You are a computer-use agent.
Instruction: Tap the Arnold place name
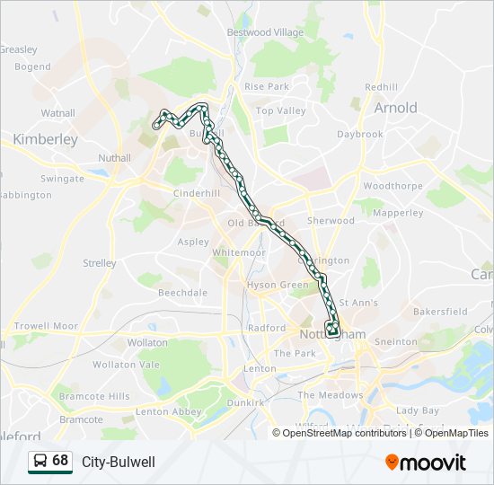[x=395, y=108]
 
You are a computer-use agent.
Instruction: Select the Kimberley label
[x=45, y=139]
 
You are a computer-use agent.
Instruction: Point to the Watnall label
[x=57, y=114]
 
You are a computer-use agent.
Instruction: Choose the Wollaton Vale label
[x=126, y=365]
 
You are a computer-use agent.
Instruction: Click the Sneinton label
[x=396, y=341]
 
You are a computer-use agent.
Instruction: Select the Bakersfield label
[x=440, y=312]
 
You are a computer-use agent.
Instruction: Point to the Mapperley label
[x=398, y=213]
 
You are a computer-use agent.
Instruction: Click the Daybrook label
[x=359, y=134]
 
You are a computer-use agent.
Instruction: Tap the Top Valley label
[x=281, y=111]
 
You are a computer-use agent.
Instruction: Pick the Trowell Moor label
[x=46, y=326]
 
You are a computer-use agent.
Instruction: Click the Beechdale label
[x=182, y=293]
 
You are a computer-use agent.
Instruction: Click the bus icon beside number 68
[x=40, y=461]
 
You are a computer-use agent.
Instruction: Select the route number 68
[x=60, y=461]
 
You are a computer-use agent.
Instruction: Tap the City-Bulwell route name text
[x=119, y=462]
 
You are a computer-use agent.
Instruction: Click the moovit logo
[x=426, y=462]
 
